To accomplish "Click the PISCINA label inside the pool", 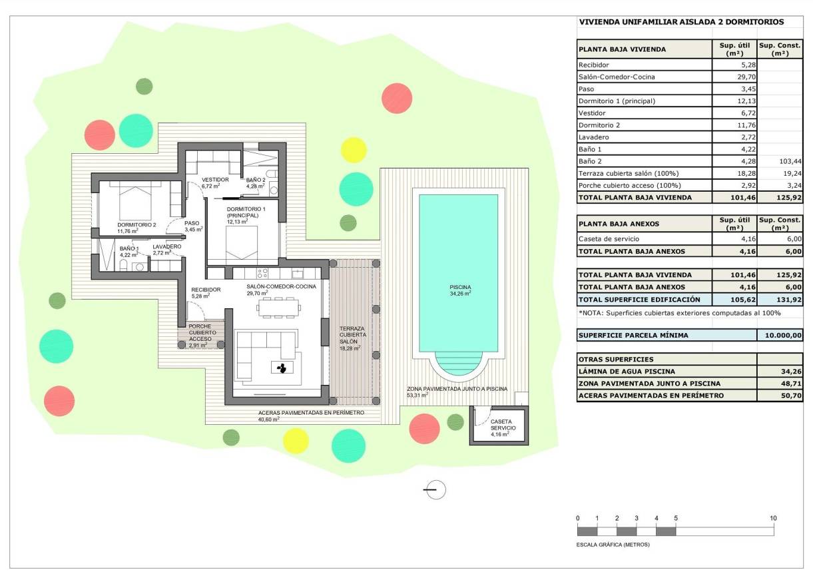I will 459,287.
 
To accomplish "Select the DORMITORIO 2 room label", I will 136,224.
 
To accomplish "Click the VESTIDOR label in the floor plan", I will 215,180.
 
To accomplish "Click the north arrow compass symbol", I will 435,489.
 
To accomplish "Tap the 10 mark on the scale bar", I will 773,518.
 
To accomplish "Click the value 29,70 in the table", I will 734,77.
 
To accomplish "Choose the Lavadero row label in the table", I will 594,137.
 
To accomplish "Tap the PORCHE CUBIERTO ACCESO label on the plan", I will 200,332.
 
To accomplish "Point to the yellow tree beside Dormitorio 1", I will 354,150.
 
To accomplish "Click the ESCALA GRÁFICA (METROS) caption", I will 613,545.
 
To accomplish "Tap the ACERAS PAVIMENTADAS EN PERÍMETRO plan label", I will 311,413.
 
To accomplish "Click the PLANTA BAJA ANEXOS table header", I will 619,224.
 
